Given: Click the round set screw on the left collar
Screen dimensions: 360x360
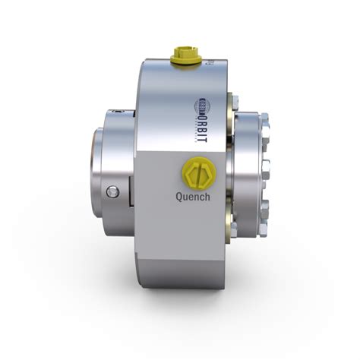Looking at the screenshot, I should coord(113,190).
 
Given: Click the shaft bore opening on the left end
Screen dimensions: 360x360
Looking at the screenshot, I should coord(98,161).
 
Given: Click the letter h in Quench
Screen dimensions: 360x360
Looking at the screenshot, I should coord(207,196).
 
